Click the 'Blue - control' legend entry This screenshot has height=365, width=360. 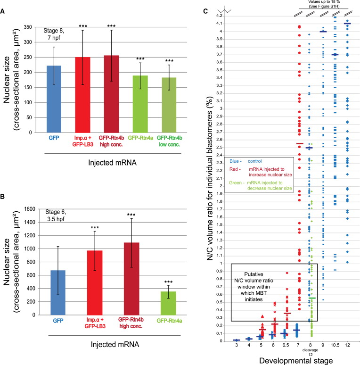click(252, 161)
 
